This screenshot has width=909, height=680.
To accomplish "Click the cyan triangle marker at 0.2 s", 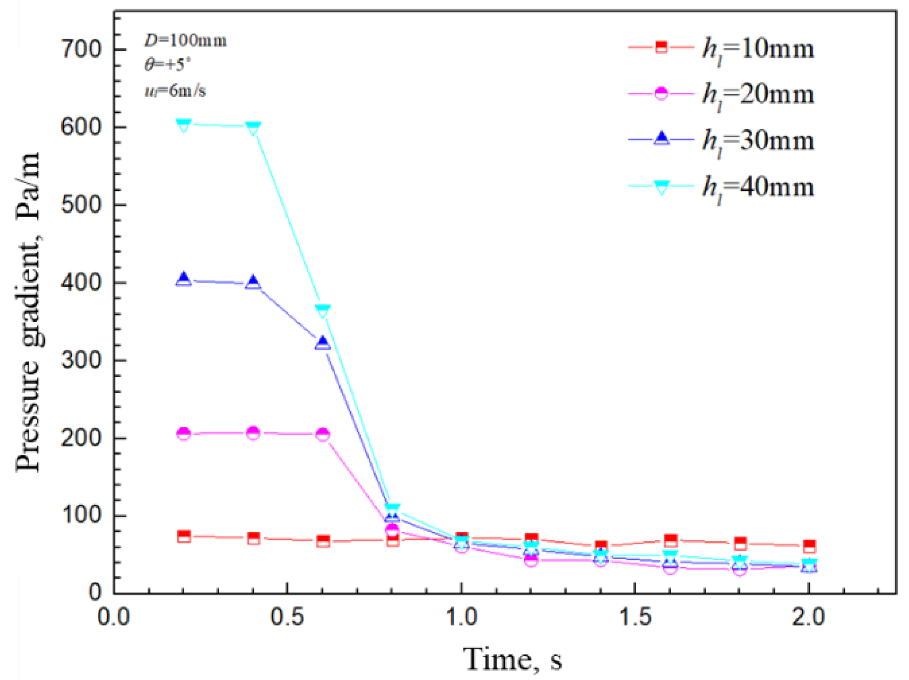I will (x=183, y=125).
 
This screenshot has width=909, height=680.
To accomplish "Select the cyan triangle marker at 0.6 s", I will (x=322, y=311).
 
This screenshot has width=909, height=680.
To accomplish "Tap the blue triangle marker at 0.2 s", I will (x=184, y=279).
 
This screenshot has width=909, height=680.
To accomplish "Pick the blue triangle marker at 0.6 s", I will (x=322, y=343).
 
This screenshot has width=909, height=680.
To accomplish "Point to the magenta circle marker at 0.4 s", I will (x=253, y=433).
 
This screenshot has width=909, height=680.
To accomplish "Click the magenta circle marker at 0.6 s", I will (x=322, y=434).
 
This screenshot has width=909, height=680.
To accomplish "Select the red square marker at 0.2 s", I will (x=184, y=536).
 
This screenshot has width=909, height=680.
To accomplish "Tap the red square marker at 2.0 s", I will (x=809, y=546).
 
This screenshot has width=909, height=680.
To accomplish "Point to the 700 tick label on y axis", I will (x=80, y=49).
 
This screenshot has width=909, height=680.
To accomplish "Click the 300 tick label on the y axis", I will (x=80, y=360).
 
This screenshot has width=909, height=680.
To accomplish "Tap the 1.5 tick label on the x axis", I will (x=634, y=617).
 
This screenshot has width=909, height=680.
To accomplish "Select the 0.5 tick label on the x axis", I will (x=287, y=617).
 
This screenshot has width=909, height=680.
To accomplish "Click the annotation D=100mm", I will (x=185, y=40).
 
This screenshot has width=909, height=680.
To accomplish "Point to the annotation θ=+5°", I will (x=167, y=65).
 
